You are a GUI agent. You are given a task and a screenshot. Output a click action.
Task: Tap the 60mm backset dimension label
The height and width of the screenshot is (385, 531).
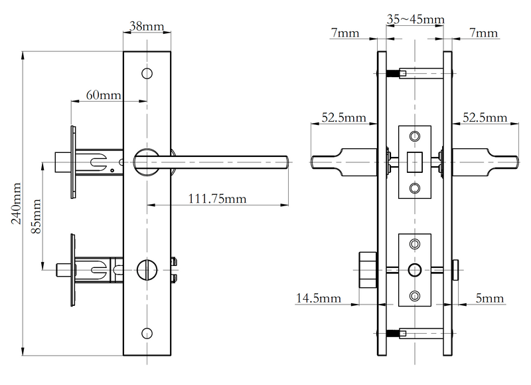103,95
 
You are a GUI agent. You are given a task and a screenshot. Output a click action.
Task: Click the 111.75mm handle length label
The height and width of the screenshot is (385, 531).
216,198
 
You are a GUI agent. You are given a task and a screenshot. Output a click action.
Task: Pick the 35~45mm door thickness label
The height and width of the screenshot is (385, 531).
416,20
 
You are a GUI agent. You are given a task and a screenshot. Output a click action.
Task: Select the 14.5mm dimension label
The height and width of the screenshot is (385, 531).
318,299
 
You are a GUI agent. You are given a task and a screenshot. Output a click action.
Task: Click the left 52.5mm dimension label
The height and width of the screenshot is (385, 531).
344,118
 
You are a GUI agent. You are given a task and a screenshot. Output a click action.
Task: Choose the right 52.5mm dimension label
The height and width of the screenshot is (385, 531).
485,118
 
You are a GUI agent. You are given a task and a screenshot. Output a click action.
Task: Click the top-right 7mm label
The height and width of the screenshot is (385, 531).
483,33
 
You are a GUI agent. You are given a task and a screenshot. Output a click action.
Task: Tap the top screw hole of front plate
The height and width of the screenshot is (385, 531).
147,72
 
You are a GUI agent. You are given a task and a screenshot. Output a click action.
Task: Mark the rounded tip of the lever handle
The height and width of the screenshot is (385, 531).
285,160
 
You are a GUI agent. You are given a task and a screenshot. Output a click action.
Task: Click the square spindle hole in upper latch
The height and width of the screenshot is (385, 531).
415,160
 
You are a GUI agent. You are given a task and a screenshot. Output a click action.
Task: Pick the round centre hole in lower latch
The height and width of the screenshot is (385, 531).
415,269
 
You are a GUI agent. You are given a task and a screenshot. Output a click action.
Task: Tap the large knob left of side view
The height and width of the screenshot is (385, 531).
366,269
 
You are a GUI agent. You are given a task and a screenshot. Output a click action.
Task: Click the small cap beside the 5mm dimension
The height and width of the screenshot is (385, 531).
457,269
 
